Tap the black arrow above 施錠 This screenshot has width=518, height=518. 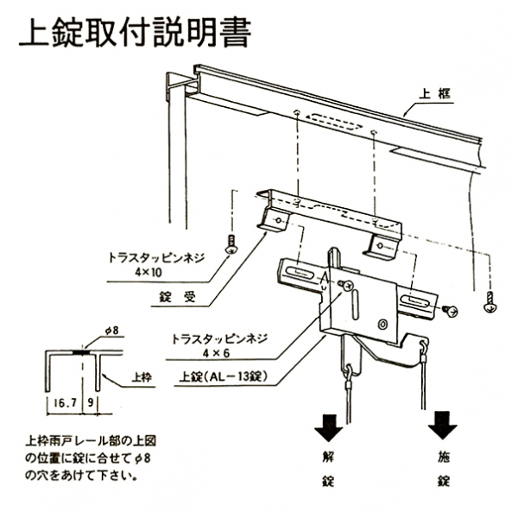443,424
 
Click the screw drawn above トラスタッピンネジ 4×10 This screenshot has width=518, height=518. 231,245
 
